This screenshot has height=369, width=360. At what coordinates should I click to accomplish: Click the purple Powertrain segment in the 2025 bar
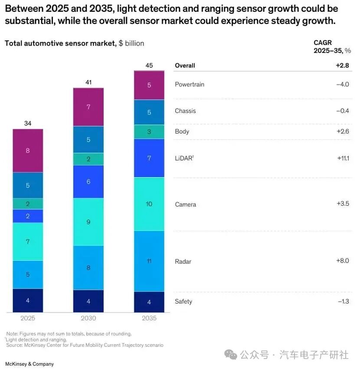pyautogui.click(x=28, y=151)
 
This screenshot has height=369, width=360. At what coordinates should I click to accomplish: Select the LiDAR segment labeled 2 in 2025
pyautogui.click(x=28, y=216)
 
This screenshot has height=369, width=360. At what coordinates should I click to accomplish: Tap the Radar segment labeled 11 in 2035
pyautogui.click(x=149, y=261)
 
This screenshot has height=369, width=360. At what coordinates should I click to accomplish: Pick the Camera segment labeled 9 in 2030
pyautogui.click(x=88, y=222)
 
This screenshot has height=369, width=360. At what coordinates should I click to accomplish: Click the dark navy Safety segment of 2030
pyautogui.click(x=88, y=301)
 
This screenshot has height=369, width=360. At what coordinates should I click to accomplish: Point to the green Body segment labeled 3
pyautogui.click(x=149, y=132)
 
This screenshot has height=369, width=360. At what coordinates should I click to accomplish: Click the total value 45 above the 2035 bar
pyautogui.click(x=149, y=66)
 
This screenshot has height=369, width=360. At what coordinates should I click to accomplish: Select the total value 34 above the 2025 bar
pyautogui.click(x=28, y=123)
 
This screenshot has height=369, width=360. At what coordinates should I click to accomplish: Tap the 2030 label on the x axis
pyautogui.click(x=88, y=318)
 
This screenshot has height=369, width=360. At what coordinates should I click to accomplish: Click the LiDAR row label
pyautogui.click(x=184, y=158)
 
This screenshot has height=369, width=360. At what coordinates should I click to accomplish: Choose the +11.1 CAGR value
pyautogui.click(x=343, y=158)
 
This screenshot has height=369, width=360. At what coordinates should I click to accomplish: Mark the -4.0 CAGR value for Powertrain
pyautogui.click(x=342, y=84)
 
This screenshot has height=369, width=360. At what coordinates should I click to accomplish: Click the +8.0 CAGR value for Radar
pyautogui.click(x=343, y=261)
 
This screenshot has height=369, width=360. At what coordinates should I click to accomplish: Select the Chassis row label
pyautogui.click(x=185, y=111)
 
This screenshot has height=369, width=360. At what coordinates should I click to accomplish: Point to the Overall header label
pyautogui.click(x=185, y=66)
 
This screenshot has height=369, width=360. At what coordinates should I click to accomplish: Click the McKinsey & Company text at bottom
pyautogui.click(x=29, y=364)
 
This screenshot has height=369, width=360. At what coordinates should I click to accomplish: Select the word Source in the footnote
pyautogui.click(x=14, y=345)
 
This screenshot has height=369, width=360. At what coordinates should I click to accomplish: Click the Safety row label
pyautogui.click(x=183, y=301)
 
